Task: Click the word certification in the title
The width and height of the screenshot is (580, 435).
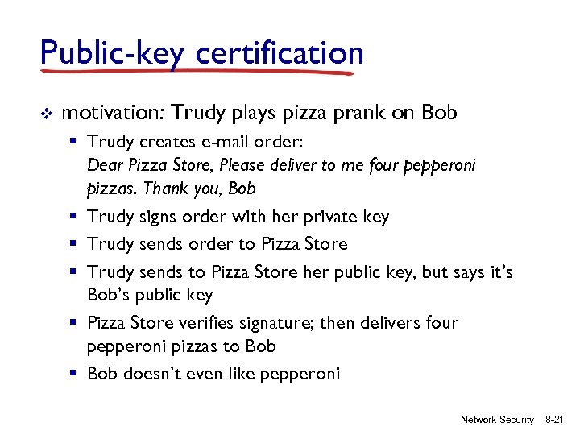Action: tap(280, 54)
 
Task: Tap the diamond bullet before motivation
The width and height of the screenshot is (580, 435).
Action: tap(46, 113)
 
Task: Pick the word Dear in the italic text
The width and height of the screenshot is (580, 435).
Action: tap(103, 166)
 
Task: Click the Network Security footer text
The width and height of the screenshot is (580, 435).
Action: tap(497, 420)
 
